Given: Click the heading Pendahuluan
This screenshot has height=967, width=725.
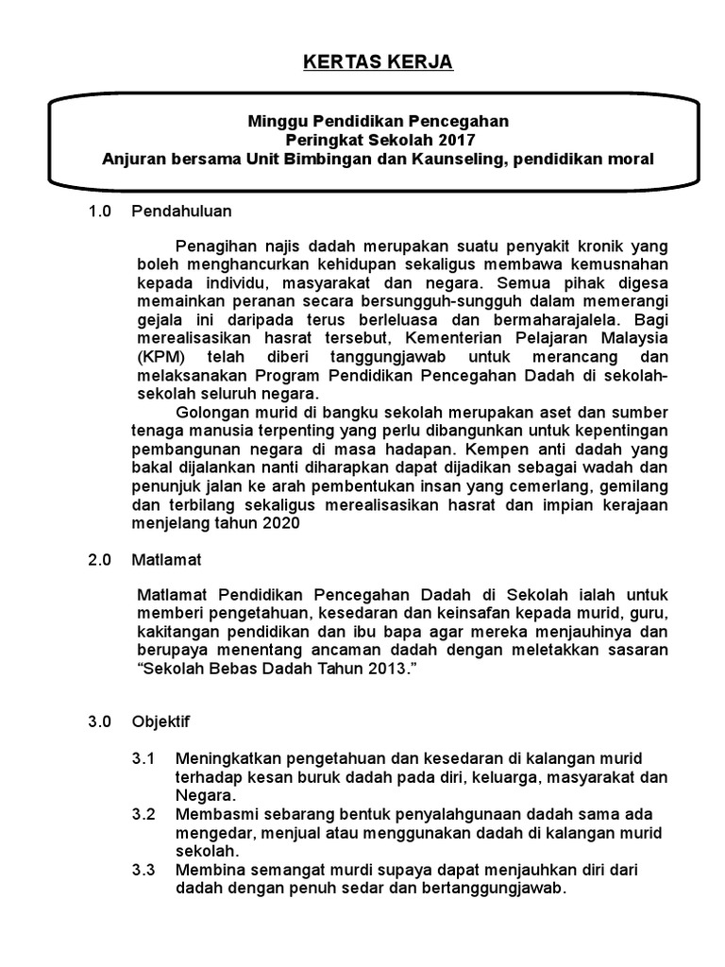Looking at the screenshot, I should pos(182,212).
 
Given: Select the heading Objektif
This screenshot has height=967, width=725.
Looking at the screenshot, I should pos(162,722).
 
